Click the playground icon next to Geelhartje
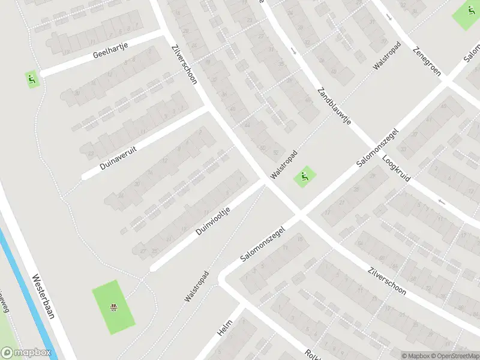(31, 78)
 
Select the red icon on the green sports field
(112, 308)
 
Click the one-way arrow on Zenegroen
(389, 17)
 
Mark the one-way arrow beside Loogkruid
(441, 202)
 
